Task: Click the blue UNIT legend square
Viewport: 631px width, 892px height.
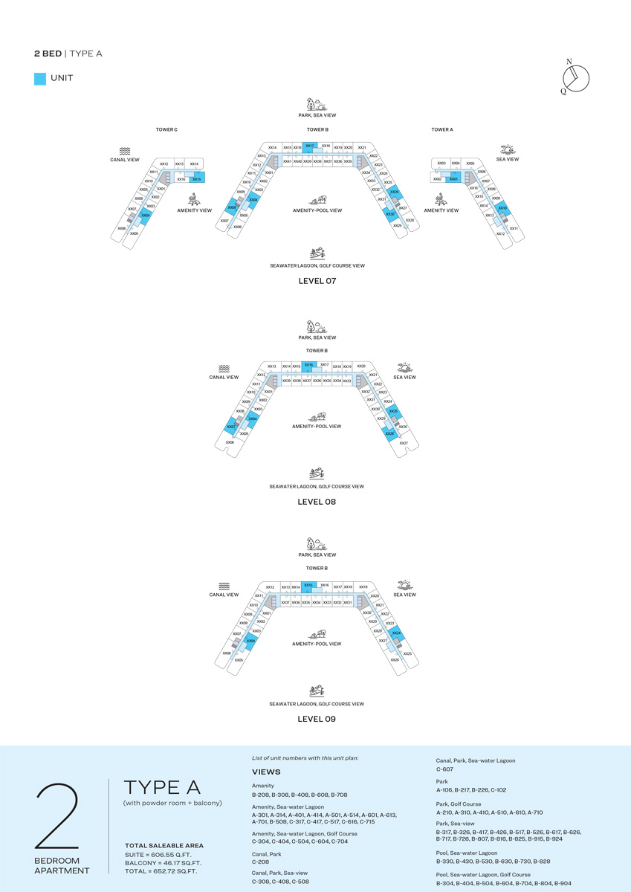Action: pyautogui.click(x=40, y=78)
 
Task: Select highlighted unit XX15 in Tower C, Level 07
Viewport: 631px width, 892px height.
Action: pyautogui.click(x=197, y=178)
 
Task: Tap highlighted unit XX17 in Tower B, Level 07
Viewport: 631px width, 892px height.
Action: pyautogui.click(x=310, y=146)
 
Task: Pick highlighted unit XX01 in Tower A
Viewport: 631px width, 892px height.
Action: pyautogui.click(x=453, y=178)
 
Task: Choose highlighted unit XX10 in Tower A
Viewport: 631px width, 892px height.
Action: pyautogui.click(x=503, y=208)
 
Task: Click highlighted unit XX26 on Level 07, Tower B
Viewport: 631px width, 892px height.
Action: pyautogui.click(x=395, y=193)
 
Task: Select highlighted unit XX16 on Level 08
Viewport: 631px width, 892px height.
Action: pyautogui.click(x=308, y=365)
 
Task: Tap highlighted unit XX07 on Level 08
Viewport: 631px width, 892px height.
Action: pyautogui.click(x=232, y=427)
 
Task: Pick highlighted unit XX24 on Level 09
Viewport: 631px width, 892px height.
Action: pyautogui.click(x=397, y=633)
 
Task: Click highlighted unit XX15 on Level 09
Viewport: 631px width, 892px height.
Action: pyautogui.click(x=308, y=585)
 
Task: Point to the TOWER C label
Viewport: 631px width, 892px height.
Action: pyautogui.click(x=166, y=130)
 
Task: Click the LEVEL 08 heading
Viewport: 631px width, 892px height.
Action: pyautogui.click(x=317, y=502)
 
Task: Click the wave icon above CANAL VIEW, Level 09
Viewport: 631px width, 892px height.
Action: pyautogui.click(x=224, y=586)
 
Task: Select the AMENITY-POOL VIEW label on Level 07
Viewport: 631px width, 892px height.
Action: pyautogui.click(x=317, y=210)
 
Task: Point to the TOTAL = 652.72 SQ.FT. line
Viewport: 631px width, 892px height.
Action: pyautogui.click(x=161, y=870)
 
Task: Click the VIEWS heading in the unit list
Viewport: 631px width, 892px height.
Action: pyautogui.click(x=266, y=772)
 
